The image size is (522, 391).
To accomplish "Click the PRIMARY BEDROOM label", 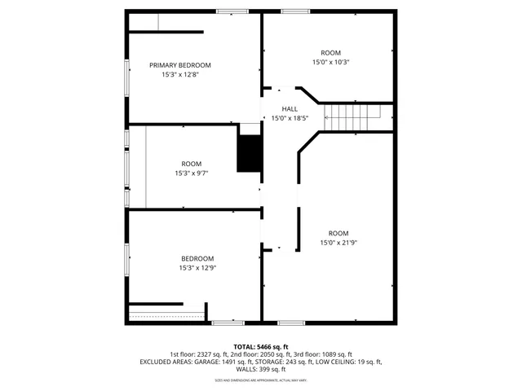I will click(179, 65).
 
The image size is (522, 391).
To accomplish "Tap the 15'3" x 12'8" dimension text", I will click(179, 75).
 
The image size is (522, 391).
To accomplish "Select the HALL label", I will click(290, 108).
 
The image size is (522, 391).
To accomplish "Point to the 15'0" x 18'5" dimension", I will click(290, 118).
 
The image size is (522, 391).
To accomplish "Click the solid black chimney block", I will click(250, 152).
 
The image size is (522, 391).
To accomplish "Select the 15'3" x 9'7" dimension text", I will click(191, 173).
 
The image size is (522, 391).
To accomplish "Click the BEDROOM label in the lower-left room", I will click(197, 258).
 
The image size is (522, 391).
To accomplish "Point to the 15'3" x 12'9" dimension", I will click(197, 268).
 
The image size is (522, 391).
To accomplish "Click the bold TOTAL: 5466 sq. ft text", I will click(261, 346).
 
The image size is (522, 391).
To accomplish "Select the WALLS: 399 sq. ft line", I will click(261, 369).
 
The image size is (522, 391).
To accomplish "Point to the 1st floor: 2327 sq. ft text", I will click(200, 354).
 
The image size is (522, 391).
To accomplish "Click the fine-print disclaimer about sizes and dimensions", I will click(261, 380).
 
